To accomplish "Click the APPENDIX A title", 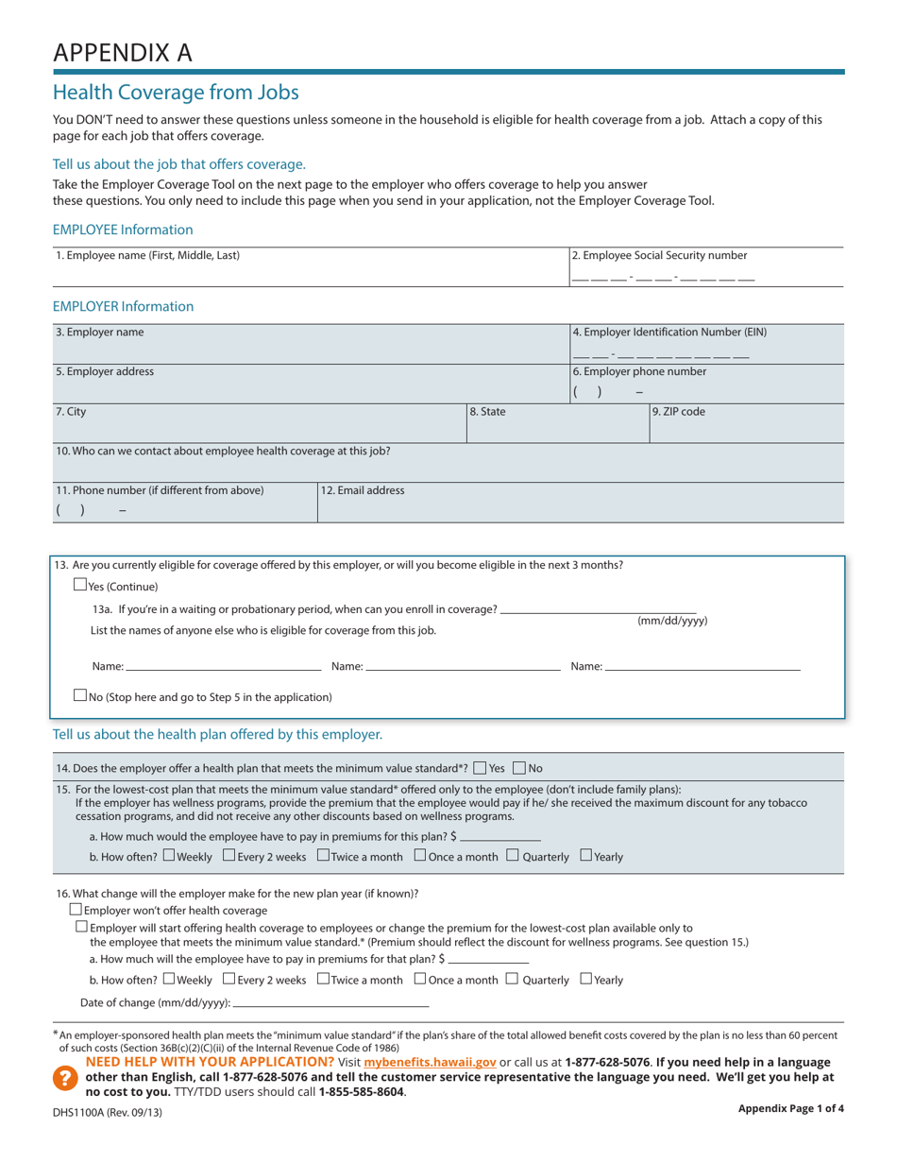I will coord(122,52).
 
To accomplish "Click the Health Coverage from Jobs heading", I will coord(176,92).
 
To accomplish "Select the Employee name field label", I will coord(147,255).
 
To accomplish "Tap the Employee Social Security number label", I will coord(659,255).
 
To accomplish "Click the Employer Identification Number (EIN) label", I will coord(669,332).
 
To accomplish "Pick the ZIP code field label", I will coord(679,412).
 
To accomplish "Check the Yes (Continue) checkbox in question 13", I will coord(80,585).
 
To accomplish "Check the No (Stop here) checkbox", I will coord(80,695).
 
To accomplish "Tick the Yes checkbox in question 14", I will coord(481,767).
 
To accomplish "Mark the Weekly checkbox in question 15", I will coord(169,856).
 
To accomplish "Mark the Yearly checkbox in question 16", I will coord(585,979).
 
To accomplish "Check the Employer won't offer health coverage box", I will coord(76,910).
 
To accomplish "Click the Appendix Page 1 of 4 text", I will coord(790,1109).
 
